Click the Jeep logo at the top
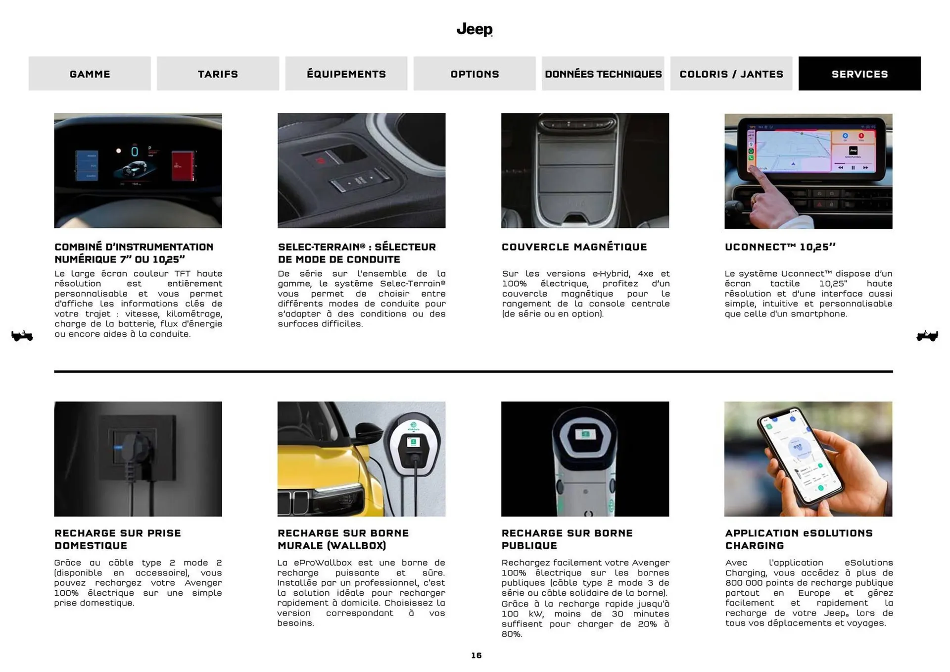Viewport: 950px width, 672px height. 474,29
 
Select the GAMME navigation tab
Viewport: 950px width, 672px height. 90,74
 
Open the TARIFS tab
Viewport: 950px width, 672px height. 218,74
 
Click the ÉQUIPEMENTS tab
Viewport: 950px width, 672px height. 346,74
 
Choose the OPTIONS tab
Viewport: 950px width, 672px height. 474,74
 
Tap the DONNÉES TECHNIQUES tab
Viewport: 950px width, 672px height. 603,74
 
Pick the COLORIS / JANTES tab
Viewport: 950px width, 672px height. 731,74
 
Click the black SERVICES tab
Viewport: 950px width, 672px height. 859,74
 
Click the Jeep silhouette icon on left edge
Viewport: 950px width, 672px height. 22,336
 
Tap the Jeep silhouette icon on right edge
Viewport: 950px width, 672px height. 927,336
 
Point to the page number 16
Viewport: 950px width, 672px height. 476,655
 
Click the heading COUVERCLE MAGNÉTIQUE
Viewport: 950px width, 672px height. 574,247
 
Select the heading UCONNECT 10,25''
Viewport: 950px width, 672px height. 780,247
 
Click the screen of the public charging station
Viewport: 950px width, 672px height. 585,435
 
